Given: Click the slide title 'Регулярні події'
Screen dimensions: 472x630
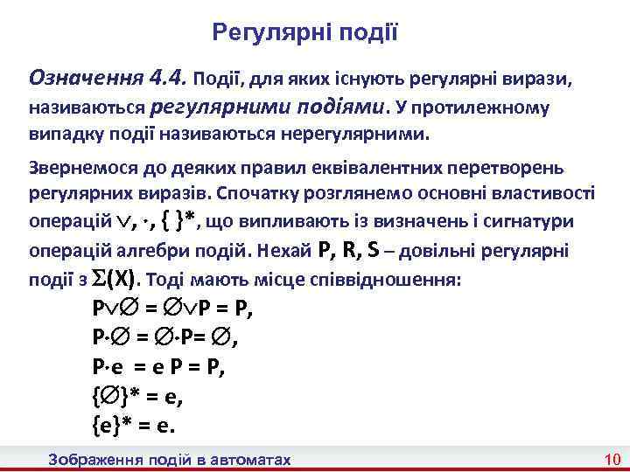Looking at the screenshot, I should coord(305,32).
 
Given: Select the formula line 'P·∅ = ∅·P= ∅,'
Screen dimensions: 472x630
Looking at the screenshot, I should coord(159,338).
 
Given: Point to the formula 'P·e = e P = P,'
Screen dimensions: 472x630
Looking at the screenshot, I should coord(157,367).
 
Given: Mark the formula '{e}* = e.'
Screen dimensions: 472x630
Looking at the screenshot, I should coord(133,426).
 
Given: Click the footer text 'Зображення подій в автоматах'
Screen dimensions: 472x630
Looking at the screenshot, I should coord(171,460).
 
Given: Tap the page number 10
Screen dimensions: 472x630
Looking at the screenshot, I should coord(612,460).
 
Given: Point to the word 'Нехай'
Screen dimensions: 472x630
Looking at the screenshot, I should coord(285,252).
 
